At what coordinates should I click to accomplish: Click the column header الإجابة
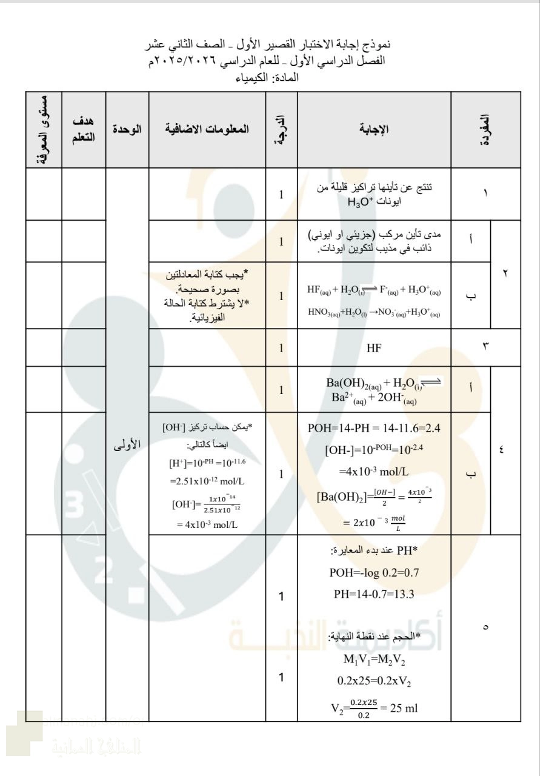click(374, 130)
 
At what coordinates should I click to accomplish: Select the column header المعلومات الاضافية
click(207, 130)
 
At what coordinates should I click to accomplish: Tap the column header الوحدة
click(127, 130)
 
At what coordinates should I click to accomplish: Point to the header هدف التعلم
click(84, 130)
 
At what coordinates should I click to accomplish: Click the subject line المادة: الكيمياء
click(270, 78)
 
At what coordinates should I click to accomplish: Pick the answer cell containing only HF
click(374, 348)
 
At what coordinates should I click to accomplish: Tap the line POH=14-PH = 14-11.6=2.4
click(374, 429)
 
